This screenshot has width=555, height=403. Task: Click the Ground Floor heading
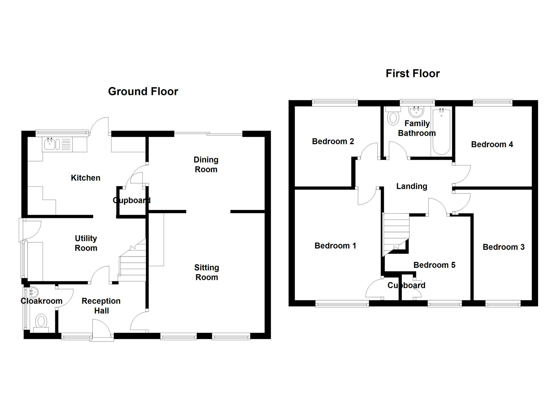[143, 91]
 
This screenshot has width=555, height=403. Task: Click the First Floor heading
[412, 74]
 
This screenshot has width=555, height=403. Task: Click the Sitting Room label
[207, 272]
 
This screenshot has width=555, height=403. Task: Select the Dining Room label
[206, 164]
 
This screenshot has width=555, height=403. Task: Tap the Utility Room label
[86, 243]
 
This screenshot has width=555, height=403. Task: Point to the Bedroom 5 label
[434, 265]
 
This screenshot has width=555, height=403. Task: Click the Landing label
[412, 186]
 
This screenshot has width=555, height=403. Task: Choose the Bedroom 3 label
[503, 247]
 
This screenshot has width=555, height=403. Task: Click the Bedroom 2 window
[335, 103]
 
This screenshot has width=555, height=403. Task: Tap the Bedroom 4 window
[493, 103]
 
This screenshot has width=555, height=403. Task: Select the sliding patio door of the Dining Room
[208, 134]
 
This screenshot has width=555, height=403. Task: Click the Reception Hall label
[101, 306]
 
